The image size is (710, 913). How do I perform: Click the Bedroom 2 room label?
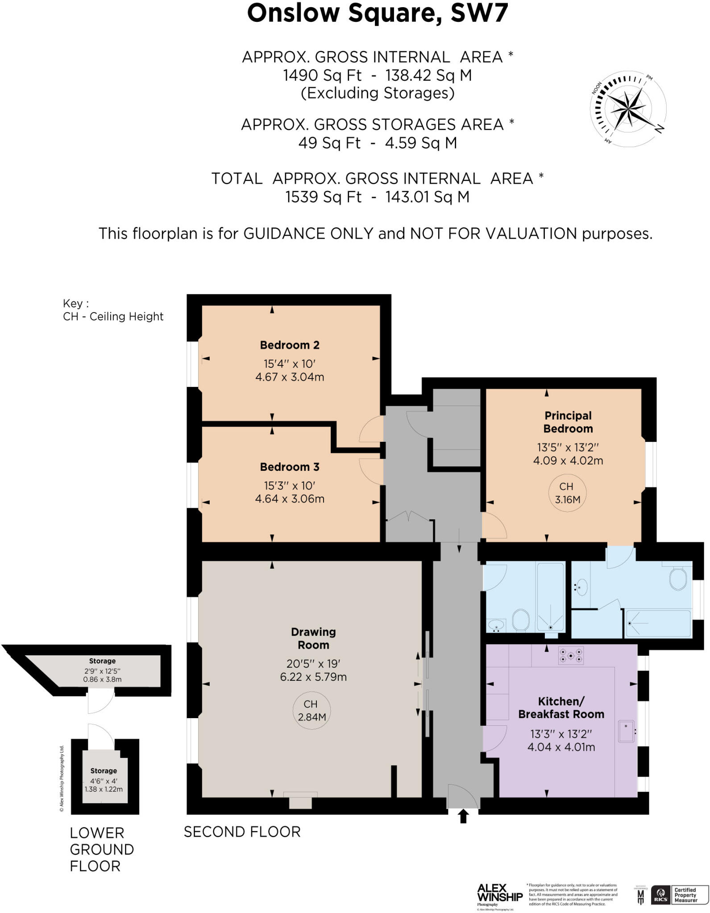pyautogui.click(x=290, y=345)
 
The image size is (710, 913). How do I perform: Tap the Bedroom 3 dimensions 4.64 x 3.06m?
pyautogui.click(x=290, y=499)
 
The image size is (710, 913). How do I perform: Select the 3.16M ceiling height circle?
pyautogui.click(x=567, y=493)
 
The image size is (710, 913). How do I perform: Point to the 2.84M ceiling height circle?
pyautogui.click(x=311, y=711)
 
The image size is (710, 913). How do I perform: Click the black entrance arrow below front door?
pyautogui.click(x=463, y=816)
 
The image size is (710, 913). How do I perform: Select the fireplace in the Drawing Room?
pyautogui.click(x=300, y=801)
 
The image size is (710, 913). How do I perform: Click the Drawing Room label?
pyautogui.click(x=313, y=638)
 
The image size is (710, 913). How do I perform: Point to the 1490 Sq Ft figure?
pyautogui.click(x=322, y=75)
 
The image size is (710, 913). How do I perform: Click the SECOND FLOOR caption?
pyautogui.click(x=242, y=832)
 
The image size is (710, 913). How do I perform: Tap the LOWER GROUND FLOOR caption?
pyautogui.click(x=102, y=850)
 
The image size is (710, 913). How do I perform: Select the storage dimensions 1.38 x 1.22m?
pyautogui.click(x=104, y=789)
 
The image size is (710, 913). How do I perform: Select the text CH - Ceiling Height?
pyautogui.click(x=113, y=317)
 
